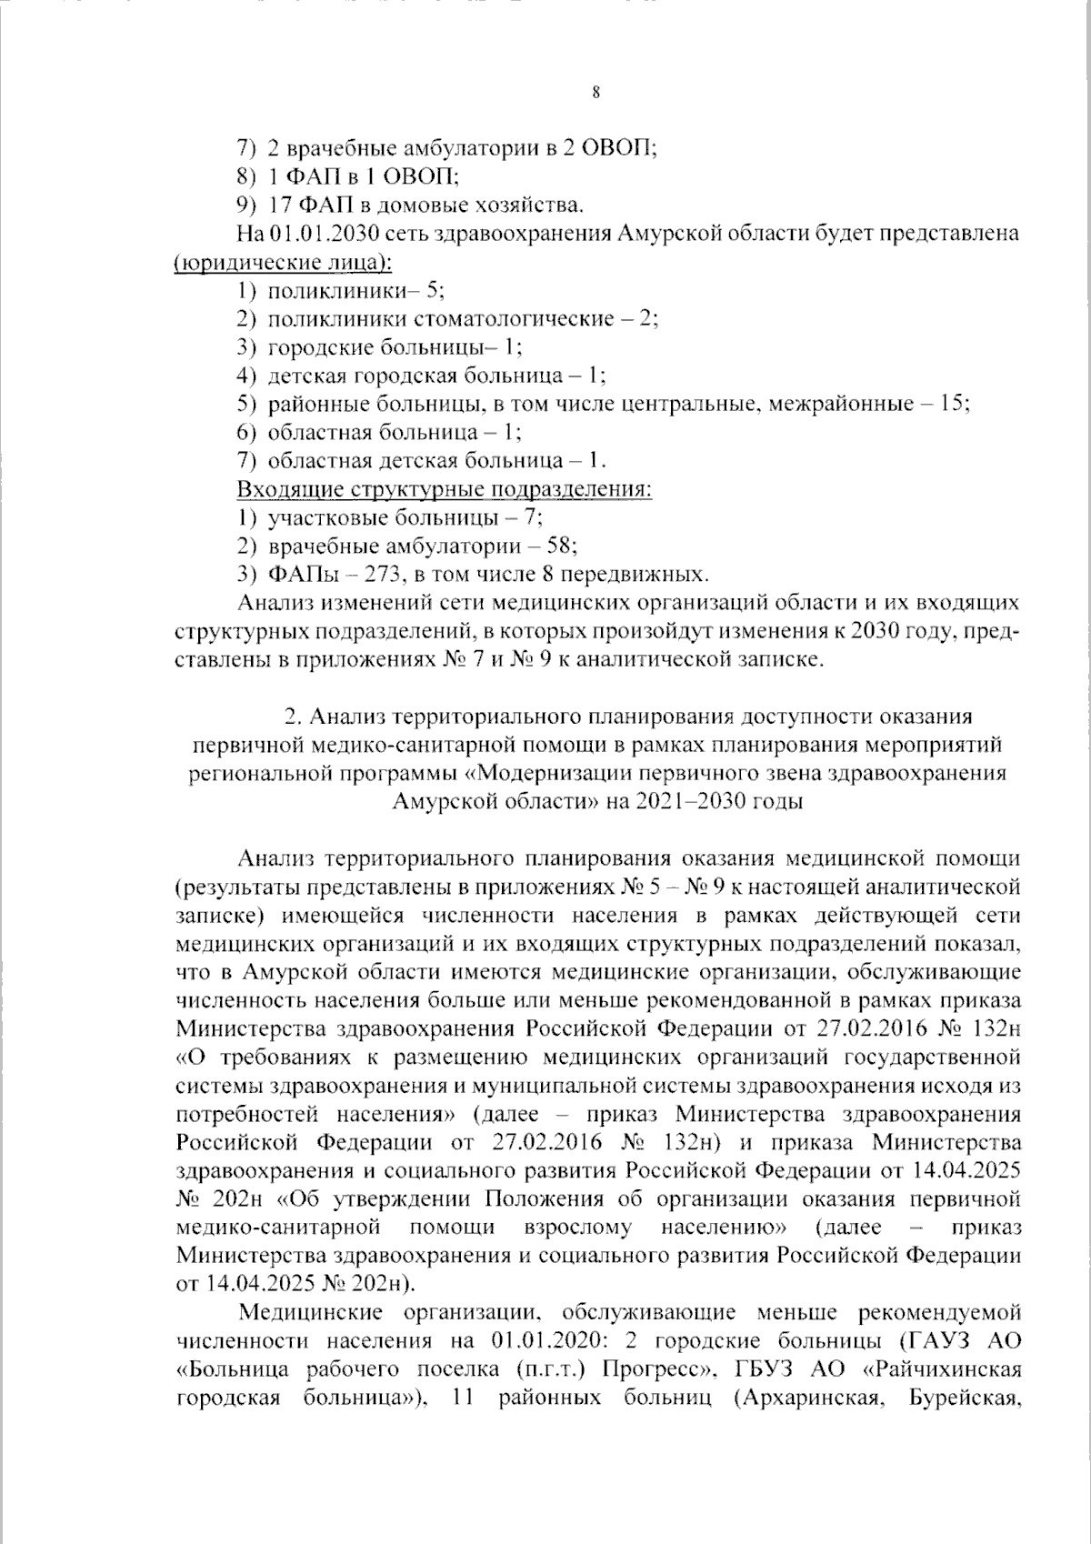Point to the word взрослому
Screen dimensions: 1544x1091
click(577, 1228)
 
